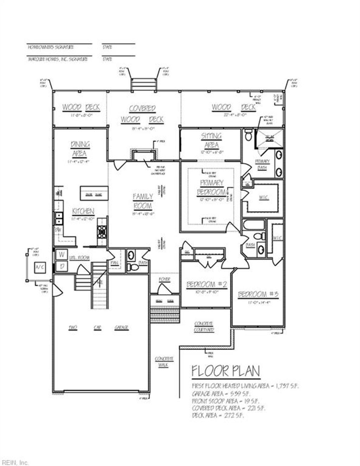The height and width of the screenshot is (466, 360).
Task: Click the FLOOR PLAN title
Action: (x=226, y=371)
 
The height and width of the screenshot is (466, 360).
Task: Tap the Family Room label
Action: (x=143, y=201)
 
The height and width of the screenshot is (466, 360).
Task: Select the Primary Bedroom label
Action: (x=211, y=188)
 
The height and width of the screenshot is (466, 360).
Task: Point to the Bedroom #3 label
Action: (x=258, y=295)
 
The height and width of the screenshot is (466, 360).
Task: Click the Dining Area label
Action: (x=80, y=149)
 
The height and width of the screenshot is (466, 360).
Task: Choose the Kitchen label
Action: (x=83, y=211)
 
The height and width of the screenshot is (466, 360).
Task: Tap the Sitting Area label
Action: (x=211, y=140)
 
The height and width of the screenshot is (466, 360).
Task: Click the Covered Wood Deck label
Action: (x=142, y=114)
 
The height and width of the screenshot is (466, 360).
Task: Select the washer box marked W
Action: (x=62, y=254)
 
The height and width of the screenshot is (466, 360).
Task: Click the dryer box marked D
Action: (x=62, y=266)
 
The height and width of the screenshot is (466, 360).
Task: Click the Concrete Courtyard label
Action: (x=204, y=326)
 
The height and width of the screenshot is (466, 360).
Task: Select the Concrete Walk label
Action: (x=164, y=362)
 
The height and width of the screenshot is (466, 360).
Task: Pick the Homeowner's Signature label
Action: (x=51, y=47)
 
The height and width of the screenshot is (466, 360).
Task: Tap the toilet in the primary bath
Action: (x=248, y=135)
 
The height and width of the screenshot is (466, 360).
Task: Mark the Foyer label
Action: (x=164, y=279)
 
